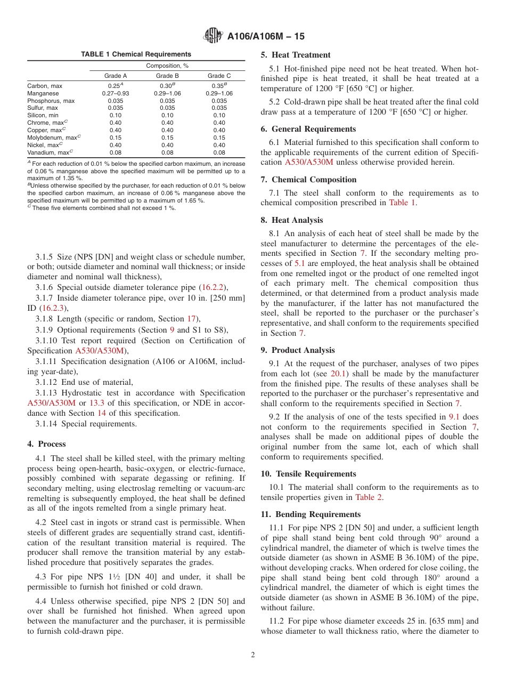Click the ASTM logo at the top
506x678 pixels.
click(213, 36)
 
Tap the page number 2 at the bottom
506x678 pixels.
click(253, 655)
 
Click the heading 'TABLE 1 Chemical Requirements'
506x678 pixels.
click(136, 54)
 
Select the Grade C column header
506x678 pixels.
click(219, 76)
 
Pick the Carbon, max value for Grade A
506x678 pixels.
click(115, 86)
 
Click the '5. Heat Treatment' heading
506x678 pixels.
click(296, 55)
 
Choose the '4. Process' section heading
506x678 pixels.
click(46, 444)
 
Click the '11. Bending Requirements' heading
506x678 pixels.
click(311, 514)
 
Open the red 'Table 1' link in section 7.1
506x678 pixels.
click(402, 203)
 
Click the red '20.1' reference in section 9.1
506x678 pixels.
click(339, 374)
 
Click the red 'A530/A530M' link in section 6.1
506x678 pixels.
click(307, 162)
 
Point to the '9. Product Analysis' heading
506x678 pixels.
click(298, 350)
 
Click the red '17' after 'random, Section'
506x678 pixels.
click(191, 319)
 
